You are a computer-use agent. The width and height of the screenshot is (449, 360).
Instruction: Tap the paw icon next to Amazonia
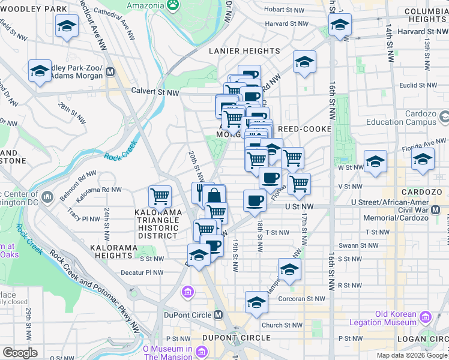173,4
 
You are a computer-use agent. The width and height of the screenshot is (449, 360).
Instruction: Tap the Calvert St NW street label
155,92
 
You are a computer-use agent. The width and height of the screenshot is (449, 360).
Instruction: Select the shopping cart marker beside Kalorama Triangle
160,195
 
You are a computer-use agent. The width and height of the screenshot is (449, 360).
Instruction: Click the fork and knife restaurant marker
201,191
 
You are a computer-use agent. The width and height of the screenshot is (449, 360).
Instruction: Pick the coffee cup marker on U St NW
255,200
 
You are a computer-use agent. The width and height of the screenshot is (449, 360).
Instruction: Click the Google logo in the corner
20,353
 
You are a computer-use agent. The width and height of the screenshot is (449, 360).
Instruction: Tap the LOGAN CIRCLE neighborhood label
418,338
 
